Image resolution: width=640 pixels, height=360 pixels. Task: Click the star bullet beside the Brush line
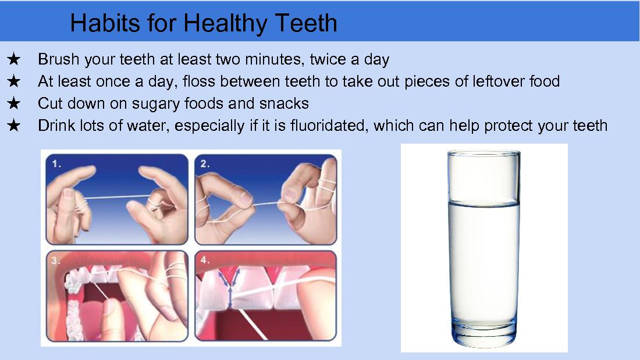(15, 59)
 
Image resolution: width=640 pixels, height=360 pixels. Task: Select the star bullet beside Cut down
(15, 104)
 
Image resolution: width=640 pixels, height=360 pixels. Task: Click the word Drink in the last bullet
(58, 126)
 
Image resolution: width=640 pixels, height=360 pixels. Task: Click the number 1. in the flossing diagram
(56, 164)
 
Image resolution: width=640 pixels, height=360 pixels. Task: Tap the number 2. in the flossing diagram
(205, 164)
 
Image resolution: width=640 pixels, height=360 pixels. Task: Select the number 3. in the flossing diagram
(56, 261)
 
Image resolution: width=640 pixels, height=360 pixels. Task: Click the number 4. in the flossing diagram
(205, 261)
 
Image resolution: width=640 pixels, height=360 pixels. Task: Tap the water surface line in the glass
(482, 203)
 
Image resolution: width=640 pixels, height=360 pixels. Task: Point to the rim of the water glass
(482, 152)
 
